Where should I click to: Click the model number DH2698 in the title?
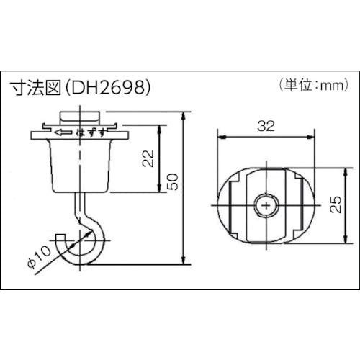click(107, 87)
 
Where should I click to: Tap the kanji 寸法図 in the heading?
click(37, 87)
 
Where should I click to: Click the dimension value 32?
click(266, 126)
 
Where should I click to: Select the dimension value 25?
click(336, 204)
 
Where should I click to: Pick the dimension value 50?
click(173, 181)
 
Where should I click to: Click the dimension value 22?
click(148, 158)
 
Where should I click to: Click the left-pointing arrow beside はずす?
click(63, 132)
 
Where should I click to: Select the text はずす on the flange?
click(91, 132)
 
